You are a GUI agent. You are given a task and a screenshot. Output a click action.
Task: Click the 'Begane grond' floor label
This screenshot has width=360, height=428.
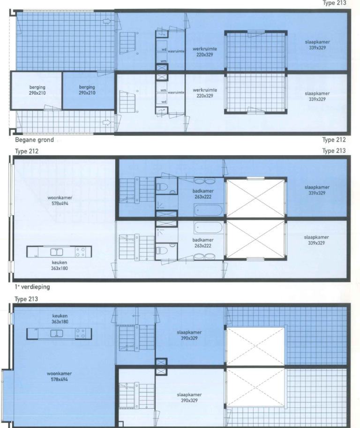(x=34, y=140)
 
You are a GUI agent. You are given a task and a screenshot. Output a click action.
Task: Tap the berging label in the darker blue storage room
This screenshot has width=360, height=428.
(x=87, y=90)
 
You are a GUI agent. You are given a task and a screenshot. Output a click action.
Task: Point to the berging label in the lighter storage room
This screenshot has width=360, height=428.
(x=37, y=90)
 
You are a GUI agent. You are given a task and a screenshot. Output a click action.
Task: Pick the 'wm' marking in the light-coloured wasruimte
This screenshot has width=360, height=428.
(x=164, y=90)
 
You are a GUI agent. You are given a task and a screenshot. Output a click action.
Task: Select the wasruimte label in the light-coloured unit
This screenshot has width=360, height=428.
(x=176, y=93)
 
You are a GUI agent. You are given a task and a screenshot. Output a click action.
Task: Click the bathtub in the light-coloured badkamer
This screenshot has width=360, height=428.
(x=208, y=228)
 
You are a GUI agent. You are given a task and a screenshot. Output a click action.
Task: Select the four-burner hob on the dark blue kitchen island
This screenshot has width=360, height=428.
(x=81, y=333)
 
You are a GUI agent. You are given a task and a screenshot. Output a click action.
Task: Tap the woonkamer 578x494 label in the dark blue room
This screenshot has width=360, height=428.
(x=59, y=376)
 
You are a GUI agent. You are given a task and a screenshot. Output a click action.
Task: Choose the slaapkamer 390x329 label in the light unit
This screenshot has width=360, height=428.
(x=188, y=398)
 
